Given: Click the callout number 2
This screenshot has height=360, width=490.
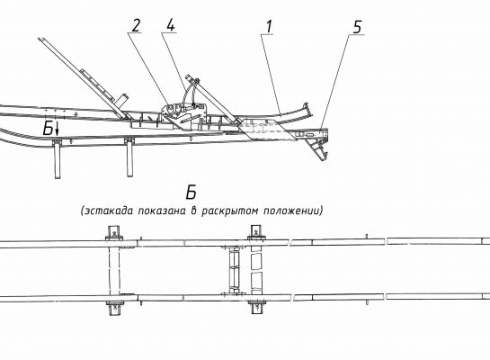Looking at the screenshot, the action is [136, 25].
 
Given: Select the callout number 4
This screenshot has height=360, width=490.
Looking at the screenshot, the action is [170, 25].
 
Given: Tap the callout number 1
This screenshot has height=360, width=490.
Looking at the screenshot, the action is [269, 27].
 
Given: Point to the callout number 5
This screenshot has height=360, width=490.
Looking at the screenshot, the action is [357, 27].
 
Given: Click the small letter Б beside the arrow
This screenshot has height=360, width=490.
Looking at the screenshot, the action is [48, 129].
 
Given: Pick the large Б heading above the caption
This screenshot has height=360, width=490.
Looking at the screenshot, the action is [191, 193].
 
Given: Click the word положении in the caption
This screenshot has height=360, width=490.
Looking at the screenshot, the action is [291, 211].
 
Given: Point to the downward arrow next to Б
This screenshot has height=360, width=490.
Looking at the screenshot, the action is [57, 129].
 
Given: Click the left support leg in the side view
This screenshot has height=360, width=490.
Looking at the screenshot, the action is [58, 159].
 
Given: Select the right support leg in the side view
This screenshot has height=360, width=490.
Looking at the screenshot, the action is [129, 157].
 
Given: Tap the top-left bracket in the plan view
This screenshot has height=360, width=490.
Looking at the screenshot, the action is [114, 233].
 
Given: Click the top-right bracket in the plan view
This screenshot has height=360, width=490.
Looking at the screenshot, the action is [256, 232].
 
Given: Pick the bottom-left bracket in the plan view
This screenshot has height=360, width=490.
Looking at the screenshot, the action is [115, 309].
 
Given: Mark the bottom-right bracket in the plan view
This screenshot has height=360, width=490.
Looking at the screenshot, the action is [257, 307].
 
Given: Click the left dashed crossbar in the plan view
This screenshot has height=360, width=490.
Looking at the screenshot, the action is [114, 271].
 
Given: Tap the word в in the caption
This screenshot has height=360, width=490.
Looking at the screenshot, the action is [193, 211].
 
